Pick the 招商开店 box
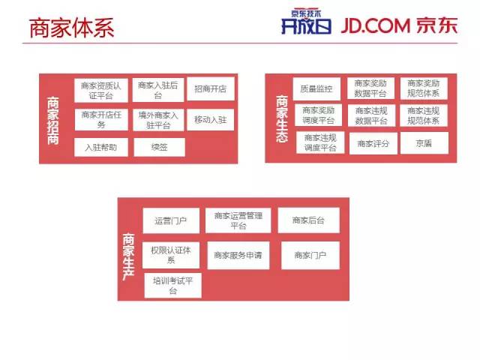(211, 89)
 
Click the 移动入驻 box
(211, 119)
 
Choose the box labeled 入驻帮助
(101, 147)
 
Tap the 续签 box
(159, 147)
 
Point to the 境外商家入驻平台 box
(158, 120)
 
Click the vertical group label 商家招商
(53, 120)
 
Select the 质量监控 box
(316, 88)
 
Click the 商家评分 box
(373, 143)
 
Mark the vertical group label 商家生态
(281, 118)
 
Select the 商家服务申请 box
(237, 255)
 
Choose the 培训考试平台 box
(172, 286)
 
